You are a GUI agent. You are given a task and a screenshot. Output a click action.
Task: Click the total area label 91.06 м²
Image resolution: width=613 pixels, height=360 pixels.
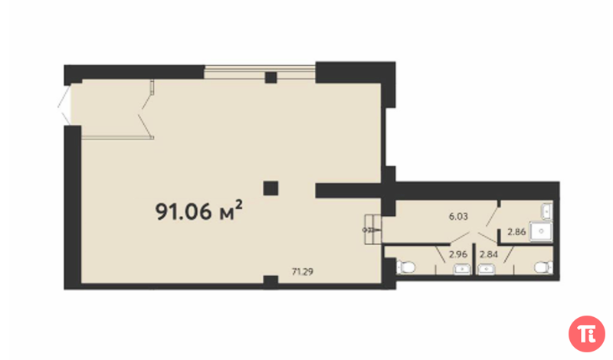click(x=199, y=211)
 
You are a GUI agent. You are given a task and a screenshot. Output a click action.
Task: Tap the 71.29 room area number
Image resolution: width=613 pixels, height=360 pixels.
click(x=303, y=271)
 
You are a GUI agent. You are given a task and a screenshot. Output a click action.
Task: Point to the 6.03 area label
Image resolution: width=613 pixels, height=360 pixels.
click(x=458, y=216)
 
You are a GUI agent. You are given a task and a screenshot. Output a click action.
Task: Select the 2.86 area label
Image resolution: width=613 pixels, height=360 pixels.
click(x=516, y=232)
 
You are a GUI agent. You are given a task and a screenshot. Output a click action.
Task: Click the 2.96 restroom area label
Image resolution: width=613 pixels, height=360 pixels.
click(x=458, y=254)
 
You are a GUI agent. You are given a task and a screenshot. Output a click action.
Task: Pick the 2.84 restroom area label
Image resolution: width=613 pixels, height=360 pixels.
click(x=489, y=254)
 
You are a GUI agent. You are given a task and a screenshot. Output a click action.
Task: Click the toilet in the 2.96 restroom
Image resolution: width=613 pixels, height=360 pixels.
click(x=406, y=268)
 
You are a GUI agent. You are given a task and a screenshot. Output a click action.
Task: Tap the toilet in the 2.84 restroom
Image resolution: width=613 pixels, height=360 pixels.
click(x=544, y=268)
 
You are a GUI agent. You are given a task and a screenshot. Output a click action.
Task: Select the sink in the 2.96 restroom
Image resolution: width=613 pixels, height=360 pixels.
click(x=462, y=270)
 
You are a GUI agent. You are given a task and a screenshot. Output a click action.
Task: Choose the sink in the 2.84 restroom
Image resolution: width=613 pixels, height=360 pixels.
click(x=487, y=270)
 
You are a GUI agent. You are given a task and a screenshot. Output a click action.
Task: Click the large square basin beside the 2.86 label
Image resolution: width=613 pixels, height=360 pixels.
click(x=541, y=231)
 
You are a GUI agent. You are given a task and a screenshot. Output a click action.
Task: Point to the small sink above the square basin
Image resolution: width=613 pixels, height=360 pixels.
click(x=546, y=211)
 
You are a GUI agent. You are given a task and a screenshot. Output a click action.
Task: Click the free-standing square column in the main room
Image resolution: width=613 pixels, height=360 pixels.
click(x=270, y=188)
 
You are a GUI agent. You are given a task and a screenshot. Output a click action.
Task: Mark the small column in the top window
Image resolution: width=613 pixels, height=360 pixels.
click(x=271, y=77)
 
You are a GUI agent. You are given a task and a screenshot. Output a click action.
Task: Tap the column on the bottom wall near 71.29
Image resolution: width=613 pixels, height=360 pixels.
click(x=270, y=282)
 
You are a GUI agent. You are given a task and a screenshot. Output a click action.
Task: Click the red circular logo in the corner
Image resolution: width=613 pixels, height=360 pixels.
click(x=587, y=334)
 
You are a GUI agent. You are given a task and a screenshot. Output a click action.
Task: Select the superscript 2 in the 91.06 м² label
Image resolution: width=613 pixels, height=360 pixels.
click(x=239, y=205)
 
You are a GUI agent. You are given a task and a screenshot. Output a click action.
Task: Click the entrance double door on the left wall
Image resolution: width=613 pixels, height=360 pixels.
click(x=65, y=105)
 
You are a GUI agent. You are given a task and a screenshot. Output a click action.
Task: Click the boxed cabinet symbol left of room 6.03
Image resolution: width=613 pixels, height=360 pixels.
click(x=372, y=230)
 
